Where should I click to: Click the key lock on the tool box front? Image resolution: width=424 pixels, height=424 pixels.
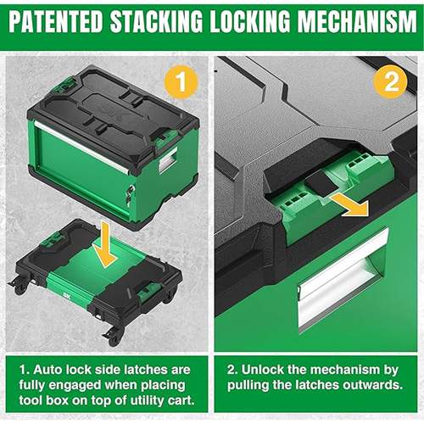(127, 196)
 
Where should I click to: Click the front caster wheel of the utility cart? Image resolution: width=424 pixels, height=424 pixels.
(112, 337)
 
